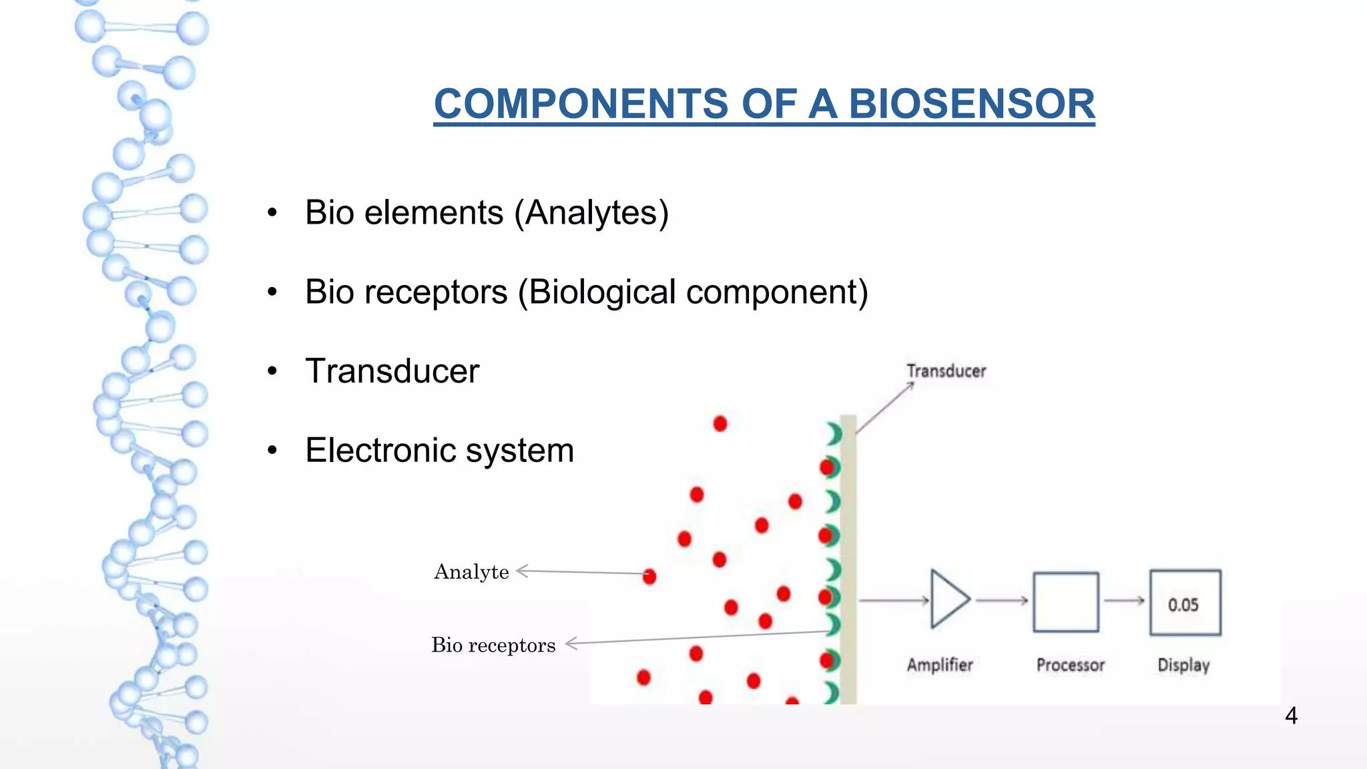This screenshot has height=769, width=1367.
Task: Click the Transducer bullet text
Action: [x=392, y=371]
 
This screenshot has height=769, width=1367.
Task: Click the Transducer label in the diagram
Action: [x=946, y=371]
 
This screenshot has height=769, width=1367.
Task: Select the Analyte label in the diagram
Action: [x=471, y=572]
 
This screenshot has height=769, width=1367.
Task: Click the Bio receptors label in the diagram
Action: [x=493, y=646]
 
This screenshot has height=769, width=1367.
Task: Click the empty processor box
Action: [x=1066, y=602]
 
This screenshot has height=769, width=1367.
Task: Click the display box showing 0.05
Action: [x=1185, y=602]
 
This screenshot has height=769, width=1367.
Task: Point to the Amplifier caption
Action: [x=940, y=665]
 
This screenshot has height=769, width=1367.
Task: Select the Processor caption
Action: [x=1070, y=665]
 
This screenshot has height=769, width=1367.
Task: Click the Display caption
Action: [x=1183, y=665]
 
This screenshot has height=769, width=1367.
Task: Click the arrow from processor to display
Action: [x=1124, y=601]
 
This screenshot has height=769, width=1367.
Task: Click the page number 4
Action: [x=1291, y=716]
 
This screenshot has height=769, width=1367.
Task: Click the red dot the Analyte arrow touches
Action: [x=649, y=576]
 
